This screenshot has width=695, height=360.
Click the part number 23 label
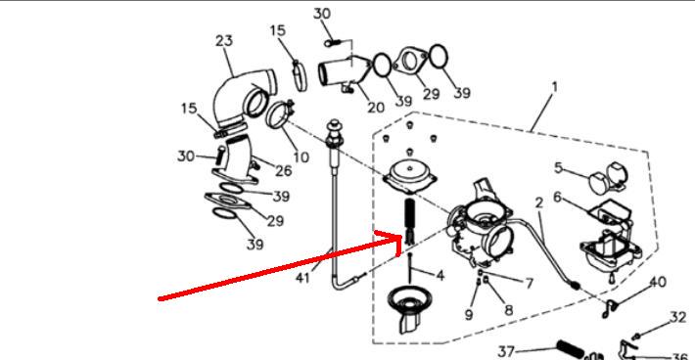pos(224,41)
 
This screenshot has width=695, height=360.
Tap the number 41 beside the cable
pos(302,278)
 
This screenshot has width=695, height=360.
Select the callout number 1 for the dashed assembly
pos(554,87)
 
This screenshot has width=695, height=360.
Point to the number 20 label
pos(376,108)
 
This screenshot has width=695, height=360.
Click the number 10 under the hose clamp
pos(301,157)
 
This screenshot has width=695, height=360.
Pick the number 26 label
pos(284,170)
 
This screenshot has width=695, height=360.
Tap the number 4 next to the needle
pos(440,276)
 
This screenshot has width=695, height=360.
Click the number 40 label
pos(658,282)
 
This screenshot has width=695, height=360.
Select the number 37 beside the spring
pos(506,352)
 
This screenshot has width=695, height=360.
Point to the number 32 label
pos(678,317)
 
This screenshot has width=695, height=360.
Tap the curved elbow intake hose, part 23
pos(243,99)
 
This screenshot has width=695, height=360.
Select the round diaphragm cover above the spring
pos(408,176)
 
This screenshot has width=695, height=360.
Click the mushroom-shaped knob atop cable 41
pos(334,127)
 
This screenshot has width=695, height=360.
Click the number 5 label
pos(559,168)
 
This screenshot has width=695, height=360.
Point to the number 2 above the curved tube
pos(538,202)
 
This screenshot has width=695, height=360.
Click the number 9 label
pos(469,314)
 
